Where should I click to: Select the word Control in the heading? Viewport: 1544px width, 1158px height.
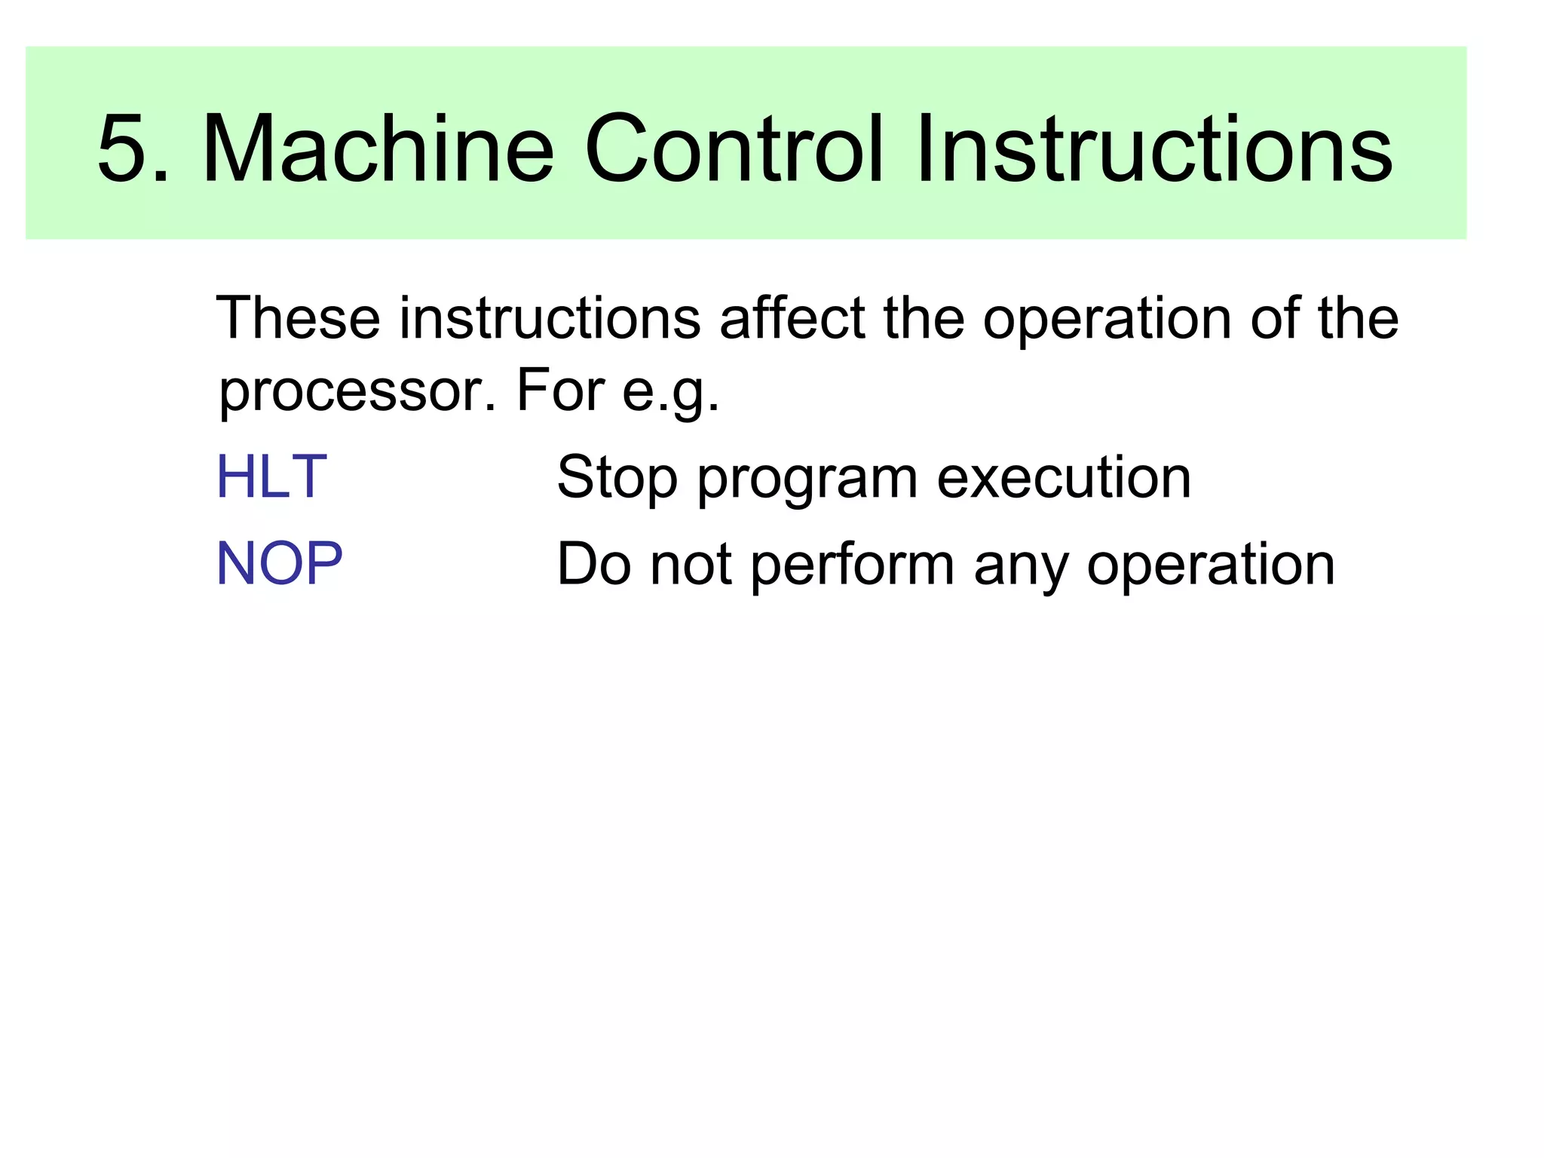coord(734,149)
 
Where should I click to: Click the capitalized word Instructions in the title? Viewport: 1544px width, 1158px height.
coord(1153,149)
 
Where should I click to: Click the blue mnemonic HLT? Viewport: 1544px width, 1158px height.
coord(271,477)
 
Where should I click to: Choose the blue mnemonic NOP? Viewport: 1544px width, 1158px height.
coord(280,564)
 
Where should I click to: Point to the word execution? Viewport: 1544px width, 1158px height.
coord(1064,478)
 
